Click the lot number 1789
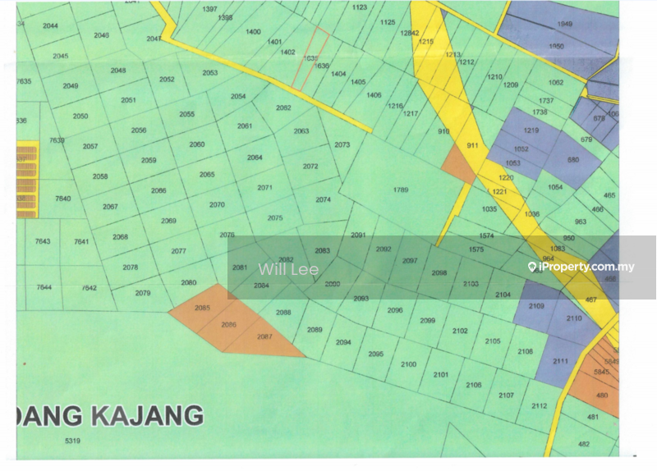(400, 190)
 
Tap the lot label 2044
(50, 26)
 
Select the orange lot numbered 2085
(202, 308)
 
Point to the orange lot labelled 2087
(264, 337)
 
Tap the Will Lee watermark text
(288, 268)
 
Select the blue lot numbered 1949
(564, 24)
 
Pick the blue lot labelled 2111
(560, 361)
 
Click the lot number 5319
(72, 441)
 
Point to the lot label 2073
(342, 144)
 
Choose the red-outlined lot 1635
(310, 58)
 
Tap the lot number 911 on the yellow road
(471, 145)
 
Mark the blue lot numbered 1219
(531, 130)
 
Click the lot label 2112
(539, 406)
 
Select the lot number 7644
(44, 287)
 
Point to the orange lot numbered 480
(602, 395)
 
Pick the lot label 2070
(217, 204)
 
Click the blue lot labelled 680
(572, 160)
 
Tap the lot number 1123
(359, 7)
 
